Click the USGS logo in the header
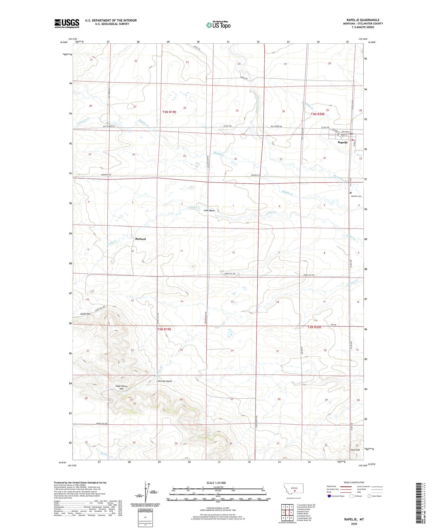tap(67, 23)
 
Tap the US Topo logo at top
tap(218, 25)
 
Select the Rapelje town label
tap(343, 142)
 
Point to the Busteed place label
tap(140, 239)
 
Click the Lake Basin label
tap(209, 210)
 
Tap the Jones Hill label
tap(85, 314)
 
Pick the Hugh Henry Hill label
tap(121, 387)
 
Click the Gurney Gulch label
tap(165, 381)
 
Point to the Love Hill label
tap(355, 450)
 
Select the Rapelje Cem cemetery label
tap(356, 196)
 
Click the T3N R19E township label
tap(169, 112)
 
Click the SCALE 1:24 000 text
tap(216, 483)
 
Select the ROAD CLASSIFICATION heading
tap(354, 482)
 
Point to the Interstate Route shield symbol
tap(330, 496)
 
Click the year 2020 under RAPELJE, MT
tap(354, 524)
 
